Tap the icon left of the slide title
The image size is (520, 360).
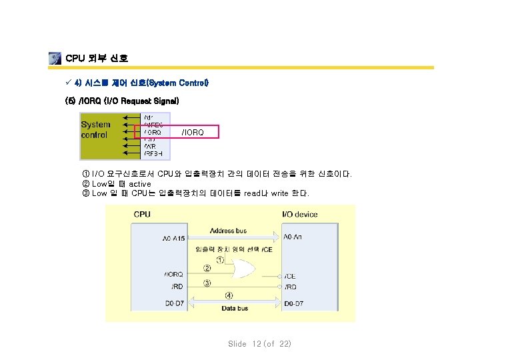[55, 59]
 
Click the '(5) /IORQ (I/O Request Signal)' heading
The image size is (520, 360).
[121, 101]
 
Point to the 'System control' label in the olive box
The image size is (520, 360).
[96, 129]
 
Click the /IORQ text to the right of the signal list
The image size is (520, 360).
[193, 133]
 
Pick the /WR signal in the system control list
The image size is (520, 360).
[150, 146]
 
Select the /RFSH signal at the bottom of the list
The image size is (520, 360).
[153, 153]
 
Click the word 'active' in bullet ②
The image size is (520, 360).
[140, 184]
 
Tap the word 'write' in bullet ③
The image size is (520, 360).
[279, 193]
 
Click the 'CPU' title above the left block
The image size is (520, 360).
[142, 215]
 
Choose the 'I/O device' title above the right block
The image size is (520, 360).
[301, 215]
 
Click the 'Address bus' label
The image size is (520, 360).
[229, 231]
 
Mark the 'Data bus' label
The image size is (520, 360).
[235, 309]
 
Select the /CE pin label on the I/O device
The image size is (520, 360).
[291, 275]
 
